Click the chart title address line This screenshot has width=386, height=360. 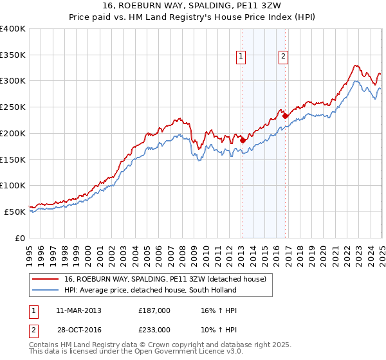pyautogui.click(x=193, y=5)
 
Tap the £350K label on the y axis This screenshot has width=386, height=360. pyautogui.click(x=13, y=55)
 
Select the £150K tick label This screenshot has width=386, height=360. pyautogui.click(x=13, y=159)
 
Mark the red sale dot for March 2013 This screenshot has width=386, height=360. pyautogui.click(x=243, y=140)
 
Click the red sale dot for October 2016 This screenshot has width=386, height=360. pyautogui.click(x=285, y=116)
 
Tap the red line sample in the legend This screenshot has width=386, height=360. pyautogui.click(x=46, y=278)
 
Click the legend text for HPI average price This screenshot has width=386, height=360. pyautogui.click(x=150, y=290)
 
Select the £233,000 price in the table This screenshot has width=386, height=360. pyautogui.click(x=154, y=330)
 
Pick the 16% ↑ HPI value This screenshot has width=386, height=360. pyautogui.click(x=217, y=311)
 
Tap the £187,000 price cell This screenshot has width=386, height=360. pyautogui.click(x=154, y=311)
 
